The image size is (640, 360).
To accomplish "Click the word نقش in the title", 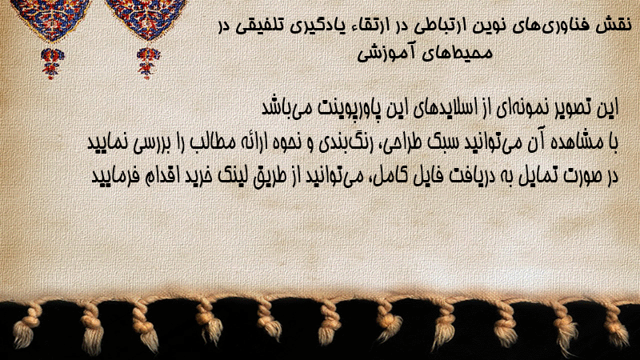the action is pos(617,26).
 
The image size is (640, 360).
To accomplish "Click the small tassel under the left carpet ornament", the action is pos(52,63).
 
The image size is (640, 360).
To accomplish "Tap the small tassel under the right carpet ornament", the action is pos(148,63).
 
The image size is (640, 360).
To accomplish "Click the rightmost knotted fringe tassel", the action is pos(615,326).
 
